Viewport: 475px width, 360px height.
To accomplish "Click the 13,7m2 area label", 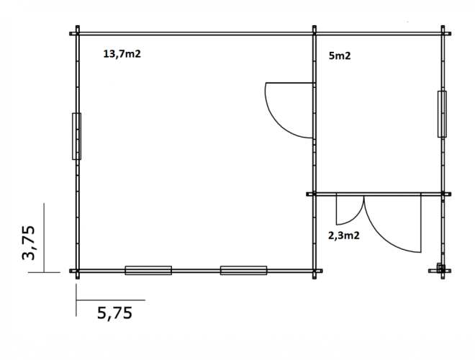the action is click(x=122, y=54).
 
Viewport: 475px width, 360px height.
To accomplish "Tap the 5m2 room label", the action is click(x=340, y=55).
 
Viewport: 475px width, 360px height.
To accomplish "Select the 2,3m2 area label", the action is click(x=344, y=235).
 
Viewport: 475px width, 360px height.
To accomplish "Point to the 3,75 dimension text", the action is click(x=29, y=243).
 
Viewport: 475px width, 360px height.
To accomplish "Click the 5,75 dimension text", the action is click(x=115, y=313).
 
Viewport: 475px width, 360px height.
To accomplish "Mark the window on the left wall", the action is click(x=76, y=136).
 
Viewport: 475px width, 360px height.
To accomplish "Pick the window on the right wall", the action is click(x=442, y=114).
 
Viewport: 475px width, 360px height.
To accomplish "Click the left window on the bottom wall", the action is click(x=148, y=270).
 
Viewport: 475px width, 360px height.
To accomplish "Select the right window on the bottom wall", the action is click(x=243, y=270).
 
